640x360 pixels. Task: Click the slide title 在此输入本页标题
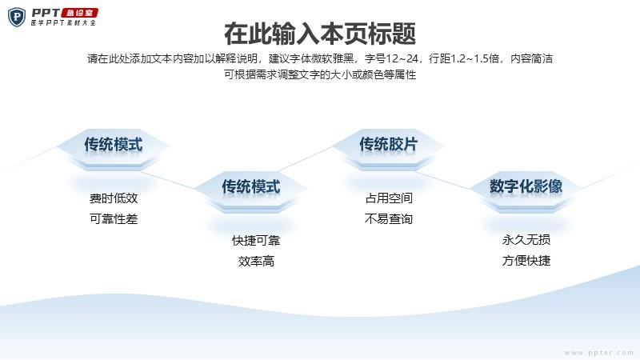click(x=320, y=34)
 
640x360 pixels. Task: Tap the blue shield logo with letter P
click(x=17, y=17)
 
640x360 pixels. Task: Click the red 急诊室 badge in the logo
click(x=79, y=13)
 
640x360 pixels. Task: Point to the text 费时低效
click(x=114, y=198)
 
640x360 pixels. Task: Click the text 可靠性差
click(x=114, y=219)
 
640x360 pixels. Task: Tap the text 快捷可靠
click(x=256, y=241)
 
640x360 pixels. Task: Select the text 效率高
click(x=256, y=262)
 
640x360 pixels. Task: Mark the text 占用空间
click(x=389, y=198)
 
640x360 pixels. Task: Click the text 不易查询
click(x=389, y=219)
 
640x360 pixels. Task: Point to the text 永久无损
click(x=526, y=240)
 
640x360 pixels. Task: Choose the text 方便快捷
click(x=526, y=261)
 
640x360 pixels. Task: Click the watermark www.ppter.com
click(x=598, y=353)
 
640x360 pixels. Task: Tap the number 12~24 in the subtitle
click(x=402, y=58)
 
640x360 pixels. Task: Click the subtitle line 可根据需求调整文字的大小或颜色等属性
click(x=320, y=74)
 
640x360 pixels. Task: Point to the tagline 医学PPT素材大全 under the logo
click(x=63, y=23)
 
